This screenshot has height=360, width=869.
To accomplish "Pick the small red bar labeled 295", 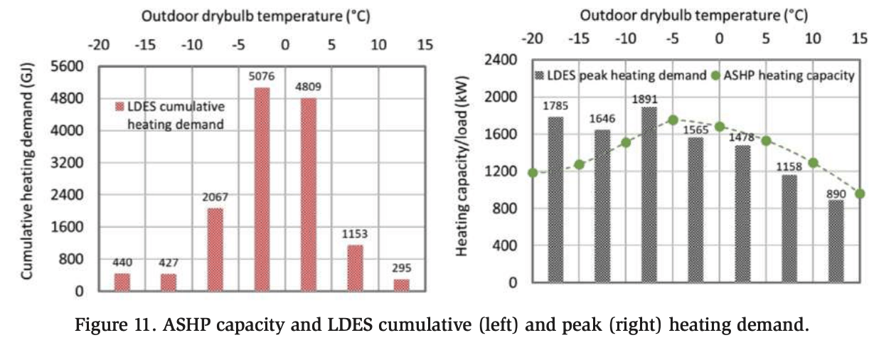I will pos(402,285).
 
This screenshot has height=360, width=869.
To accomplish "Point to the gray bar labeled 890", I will pos(836,241).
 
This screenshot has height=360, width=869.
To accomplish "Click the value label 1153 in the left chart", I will pos(355,233).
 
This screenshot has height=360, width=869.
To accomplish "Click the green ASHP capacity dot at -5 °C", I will pos(673,120).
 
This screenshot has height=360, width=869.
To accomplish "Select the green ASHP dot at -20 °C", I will pos(533,172).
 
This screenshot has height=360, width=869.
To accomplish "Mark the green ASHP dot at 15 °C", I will pos(860,194).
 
